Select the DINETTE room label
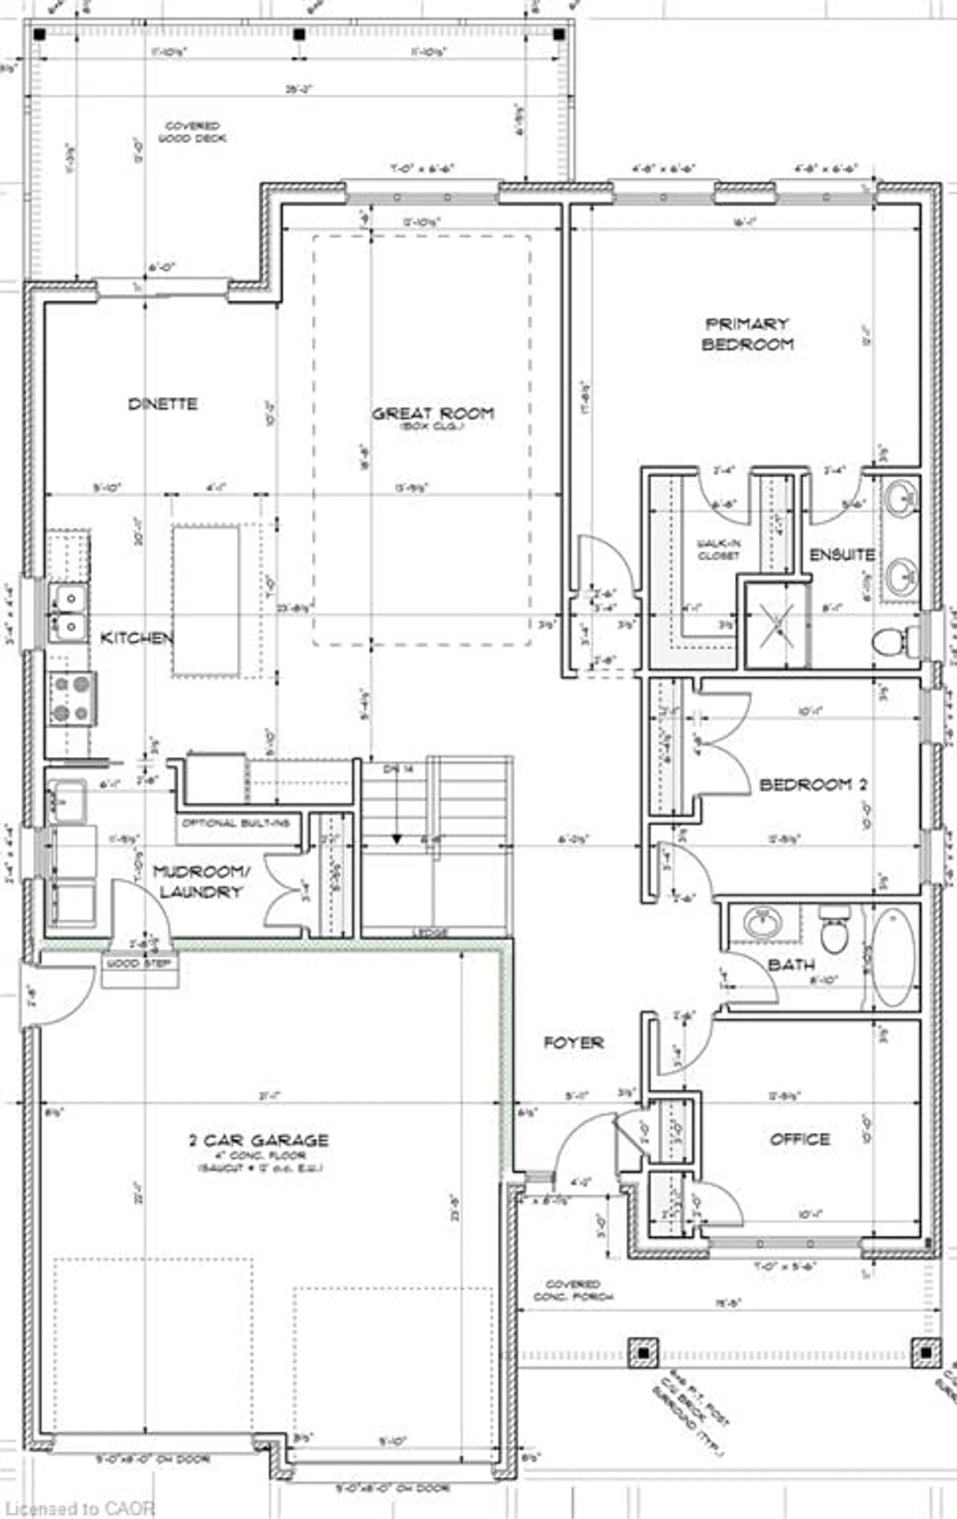click(x=163, y=404)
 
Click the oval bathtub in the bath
click(x=893, y=958)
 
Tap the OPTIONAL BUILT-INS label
click(x=236, y=823)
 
